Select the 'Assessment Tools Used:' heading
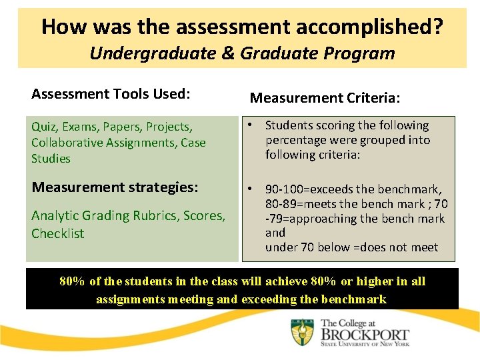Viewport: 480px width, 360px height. click(111, 94)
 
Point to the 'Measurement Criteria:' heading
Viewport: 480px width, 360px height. click(325, 98)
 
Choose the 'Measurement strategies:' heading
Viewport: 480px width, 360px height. click(115, 187)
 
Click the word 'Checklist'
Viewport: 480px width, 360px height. click(58, 233)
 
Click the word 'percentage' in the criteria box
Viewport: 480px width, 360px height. click(295, 140)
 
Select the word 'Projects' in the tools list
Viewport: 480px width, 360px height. click(169, 127)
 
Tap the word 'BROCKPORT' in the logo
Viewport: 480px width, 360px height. click(365, 336)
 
